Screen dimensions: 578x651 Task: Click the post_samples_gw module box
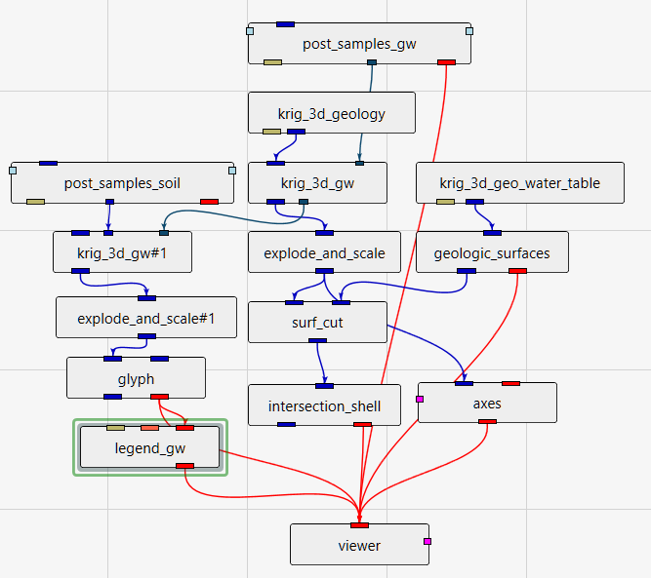click(x=359, y=44)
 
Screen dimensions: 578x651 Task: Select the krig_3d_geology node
click(x=332, y=114)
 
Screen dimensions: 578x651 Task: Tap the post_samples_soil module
click(x=122, y=183)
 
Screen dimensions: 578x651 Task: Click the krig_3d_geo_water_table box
click(x=519, y=183)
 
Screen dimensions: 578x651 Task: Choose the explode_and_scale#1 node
click(x=146, y=318)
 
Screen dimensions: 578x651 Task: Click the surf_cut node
click(x=318, y=323)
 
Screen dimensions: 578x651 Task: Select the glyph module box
click(x=136, y=379)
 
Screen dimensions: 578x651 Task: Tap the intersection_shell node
click(x=324, y=405)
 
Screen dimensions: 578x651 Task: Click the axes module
click(x=487, y=403)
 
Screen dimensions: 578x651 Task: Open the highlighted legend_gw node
click(x=150, y=448)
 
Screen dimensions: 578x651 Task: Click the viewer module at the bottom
click(x=359, y=546)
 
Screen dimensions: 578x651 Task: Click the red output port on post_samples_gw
click(x=446, y=61)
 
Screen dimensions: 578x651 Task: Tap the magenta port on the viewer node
click(x=427, y=540)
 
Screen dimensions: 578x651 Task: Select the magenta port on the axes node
click(x=420, y=399)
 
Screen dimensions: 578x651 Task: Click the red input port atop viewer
click(x=359, y=525)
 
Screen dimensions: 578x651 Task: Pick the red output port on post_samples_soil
click(x=209, y=202)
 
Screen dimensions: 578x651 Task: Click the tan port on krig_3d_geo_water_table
click(x=445, y=202)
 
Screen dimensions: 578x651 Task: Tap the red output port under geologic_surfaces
click(x=517, y=271)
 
